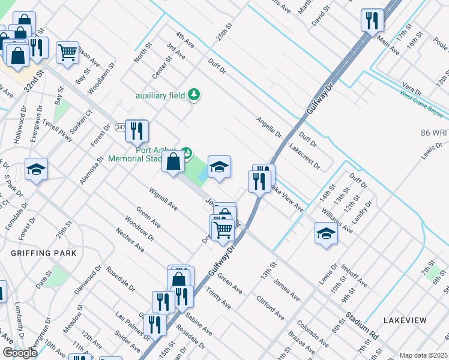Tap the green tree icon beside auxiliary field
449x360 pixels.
[194, 94]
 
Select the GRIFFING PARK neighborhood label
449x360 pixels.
[43, 253]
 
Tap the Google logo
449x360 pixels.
[19, 353]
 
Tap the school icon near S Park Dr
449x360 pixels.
[36, 170]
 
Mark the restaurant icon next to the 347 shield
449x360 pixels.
[137, 131]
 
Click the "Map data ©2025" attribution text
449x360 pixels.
[423, 355]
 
